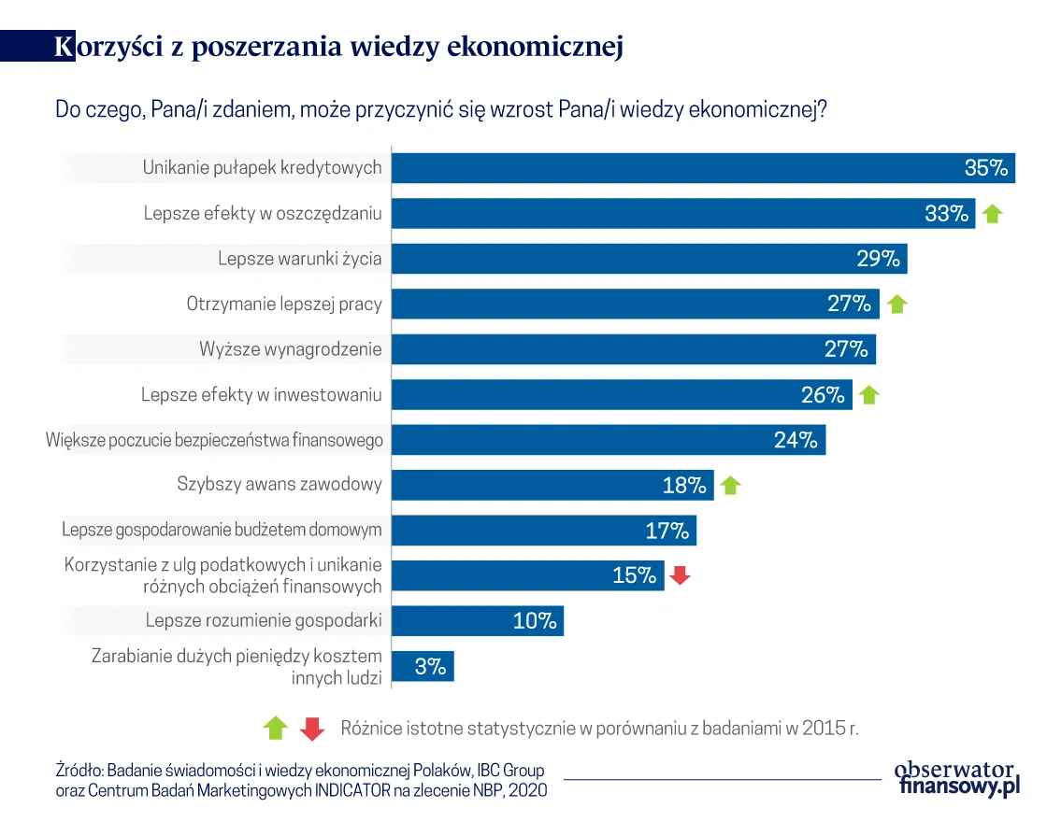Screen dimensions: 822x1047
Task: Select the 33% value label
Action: pyautogui.click(x=946, y=213)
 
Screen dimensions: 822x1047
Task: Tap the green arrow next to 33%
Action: pyautogui.click(x=992, y=214)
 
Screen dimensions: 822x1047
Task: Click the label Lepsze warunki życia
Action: pyautogui.click(x=300, y=259)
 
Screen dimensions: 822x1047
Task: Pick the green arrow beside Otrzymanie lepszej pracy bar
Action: pyautogui.click(x=896, y=304)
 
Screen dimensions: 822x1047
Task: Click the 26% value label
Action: pyautogui.click(x=823, y=394)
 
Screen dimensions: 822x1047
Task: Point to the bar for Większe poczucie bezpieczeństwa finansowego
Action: pyautogui.click(x=608, y=440)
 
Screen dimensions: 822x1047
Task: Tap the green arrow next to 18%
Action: pyautogui.click(x=731, y=486)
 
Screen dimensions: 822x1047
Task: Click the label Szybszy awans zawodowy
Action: pyautogui.click(x=280, y=485)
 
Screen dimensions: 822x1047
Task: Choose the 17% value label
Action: pyautogui.click(x=667, y=531)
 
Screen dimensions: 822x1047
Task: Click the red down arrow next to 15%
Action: pyautogui.click(x=681, y=576)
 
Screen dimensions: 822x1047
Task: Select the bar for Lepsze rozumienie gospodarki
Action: pyautogui.click(x=477, y=621)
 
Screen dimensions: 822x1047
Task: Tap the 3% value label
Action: pyautogui.click(x=429, y=667)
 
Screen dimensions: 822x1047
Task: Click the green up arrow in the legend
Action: pyautogui.click(x=276, y=729)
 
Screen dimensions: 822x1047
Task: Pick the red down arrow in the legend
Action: pyautogui.click(x=312, y=729)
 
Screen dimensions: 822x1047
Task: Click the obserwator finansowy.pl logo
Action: pyautogui.click(x=955, y=777)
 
